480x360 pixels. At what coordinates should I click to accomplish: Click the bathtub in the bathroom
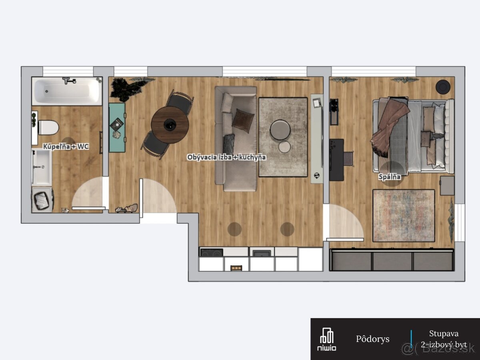[67, 91]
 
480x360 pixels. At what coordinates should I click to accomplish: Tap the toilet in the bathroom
[48, 128]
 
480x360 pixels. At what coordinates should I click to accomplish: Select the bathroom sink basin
[42, 167]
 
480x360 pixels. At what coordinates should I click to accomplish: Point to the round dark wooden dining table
[170, 125]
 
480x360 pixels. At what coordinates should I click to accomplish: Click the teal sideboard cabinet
[117, 128]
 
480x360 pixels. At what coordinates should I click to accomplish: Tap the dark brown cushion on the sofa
[243, 121]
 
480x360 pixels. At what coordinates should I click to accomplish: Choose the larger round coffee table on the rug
[280, 130]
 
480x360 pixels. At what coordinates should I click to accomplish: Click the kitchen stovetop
[212, 252]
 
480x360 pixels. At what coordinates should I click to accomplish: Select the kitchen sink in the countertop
[262, 253]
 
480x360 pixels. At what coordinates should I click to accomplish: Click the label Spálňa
[390, 177]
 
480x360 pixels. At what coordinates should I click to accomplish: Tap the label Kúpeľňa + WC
[66, 146]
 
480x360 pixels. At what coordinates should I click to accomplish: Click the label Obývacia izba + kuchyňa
[226, 157]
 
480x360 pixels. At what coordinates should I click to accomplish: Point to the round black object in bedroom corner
[443, 86]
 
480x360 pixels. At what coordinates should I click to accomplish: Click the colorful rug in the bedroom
[404, 216]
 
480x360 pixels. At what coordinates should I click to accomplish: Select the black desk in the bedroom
[336, 160]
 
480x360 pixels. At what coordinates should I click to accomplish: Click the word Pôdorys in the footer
[373, 339]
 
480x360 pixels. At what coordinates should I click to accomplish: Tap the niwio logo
[327, 339]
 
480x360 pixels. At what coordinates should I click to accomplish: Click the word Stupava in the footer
[444, 334]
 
